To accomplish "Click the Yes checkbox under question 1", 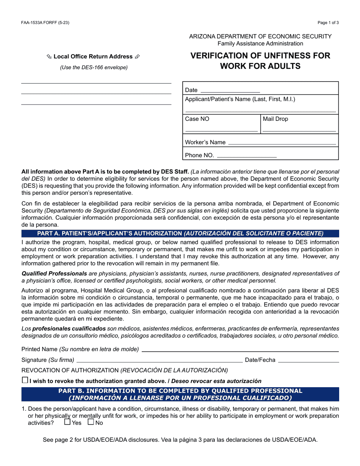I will (67, 422).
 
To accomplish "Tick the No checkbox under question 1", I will (91, 422).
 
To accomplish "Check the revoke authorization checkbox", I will (25, 380).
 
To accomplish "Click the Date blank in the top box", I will (230, 90).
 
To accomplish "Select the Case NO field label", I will (197, 119).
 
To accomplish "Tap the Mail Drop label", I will (275, 119).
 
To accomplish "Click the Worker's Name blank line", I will (282, 142).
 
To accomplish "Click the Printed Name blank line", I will (240, 349).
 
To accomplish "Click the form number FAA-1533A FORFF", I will (45, 23).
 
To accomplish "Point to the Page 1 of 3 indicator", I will (328, 23).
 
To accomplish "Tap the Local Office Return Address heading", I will (93, 56).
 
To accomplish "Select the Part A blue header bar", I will (180, 233).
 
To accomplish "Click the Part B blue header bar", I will (180, 394).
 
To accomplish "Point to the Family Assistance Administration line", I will (260, 44).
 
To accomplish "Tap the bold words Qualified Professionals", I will (54, 274).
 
